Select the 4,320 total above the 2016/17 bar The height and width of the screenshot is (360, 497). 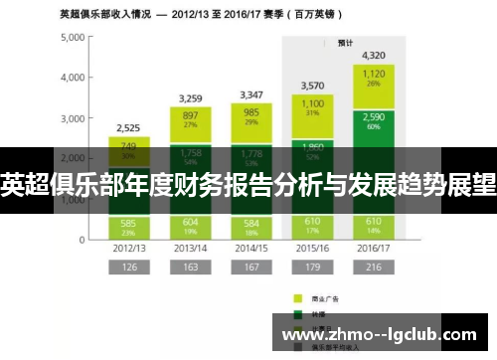pos(374,57)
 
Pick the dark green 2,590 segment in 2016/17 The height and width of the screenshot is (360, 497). pos(374,122)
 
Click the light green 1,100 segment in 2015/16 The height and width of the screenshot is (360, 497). pos(313,108)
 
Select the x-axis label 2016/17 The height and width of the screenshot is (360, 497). pos(373,248)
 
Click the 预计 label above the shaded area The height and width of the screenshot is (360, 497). pos(344,43)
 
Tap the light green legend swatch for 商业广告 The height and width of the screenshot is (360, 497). pos(296,295)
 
